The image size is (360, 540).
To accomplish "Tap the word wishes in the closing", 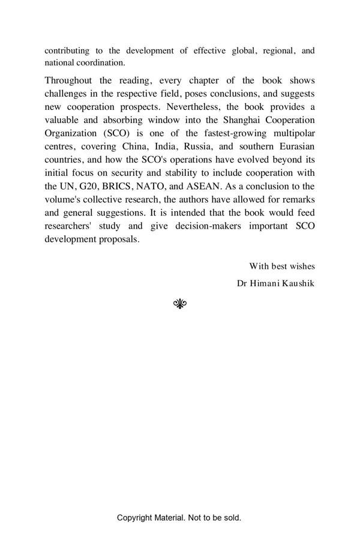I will [x=301, y=266].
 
